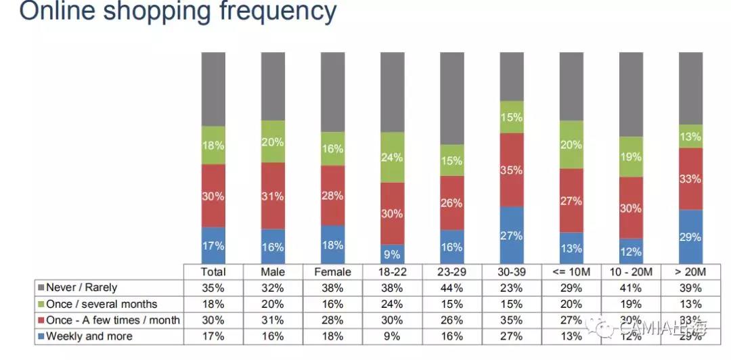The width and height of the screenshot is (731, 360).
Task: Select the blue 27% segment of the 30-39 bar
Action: [512, 235]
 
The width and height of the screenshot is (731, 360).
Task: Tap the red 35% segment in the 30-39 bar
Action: [512, 169]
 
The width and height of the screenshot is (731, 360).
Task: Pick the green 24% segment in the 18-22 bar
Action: [393, 157]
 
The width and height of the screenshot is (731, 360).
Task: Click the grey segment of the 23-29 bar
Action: [452, 98]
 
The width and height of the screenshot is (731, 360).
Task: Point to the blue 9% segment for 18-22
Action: [393, 254]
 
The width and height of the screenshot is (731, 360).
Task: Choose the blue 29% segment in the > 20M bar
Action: [690, 237]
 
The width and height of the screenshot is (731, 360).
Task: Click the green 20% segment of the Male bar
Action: [273, 141]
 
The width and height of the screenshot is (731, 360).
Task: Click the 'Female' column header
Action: [333, 271]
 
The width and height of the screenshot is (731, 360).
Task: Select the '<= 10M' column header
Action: [571, 271]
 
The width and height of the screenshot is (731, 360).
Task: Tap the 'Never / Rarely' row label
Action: [81, 288]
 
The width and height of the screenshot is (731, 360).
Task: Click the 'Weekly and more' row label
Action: [89, 336]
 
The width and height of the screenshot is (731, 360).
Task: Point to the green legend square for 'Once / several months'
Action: [41, 304]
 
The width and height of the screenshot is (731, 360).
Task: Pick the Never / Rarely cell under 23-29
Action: [452, 288]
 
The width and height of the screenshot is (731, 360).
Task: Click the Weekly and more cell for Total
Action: [213, 336]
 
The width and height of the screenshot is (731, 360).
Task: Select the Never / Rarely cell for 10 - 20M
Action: [631, 288]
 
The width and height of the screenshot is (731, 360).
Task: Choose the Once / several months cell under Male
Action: [273, 304]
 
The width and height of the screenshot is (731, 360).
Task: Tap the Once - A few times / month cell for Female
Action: [333, 320]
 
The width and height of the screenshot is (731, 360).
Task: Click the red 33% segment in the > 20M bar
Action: [690, 179]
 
